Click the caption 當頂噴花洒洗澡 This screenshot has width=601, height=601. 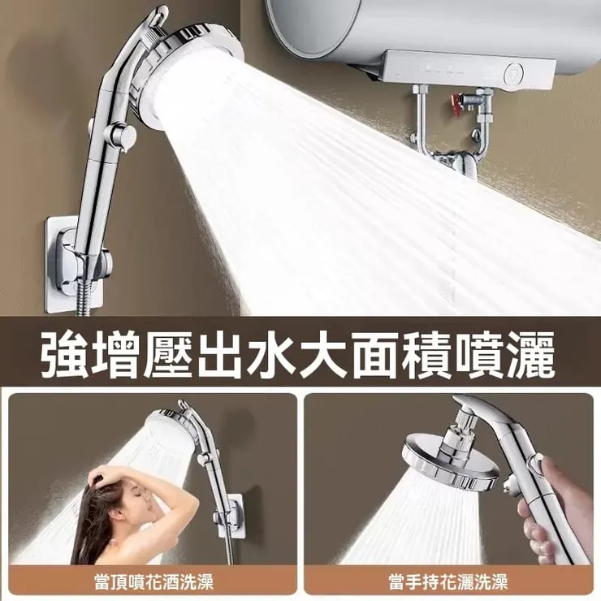[x=153, y=582]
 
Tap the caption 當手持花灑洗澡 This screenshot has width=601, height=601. [x=448, y=582]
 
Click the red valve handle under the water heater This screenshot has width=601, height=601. [x=455, y=102]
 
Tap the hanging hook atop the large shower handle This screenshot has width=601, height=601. [x=158, y=16]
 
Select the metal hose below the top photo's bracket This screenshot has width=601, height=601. [x=85, y=299]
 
